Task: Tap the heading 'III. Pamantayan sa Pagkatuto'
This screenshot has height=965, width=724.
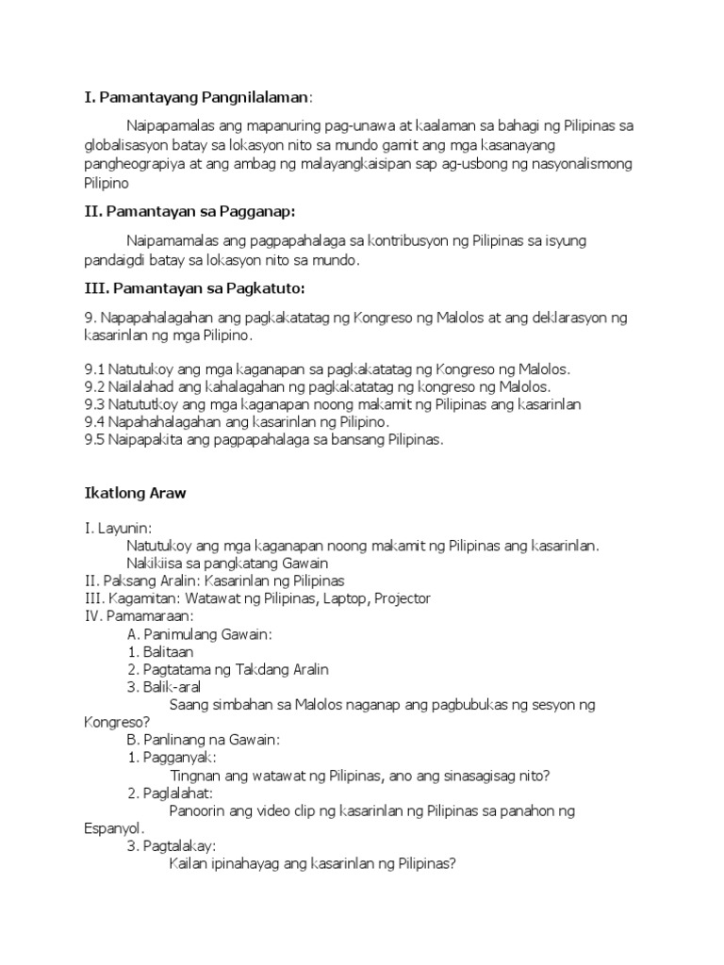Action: pos(194,287)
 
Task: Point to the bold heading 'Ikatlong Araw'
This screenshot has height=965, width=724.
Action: pos(135,494)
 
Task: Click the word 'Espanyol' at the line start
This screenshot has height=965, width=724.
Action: pos(112,828)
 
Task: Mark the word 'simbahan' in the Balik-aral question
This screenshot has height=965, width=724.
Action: pos(238,705)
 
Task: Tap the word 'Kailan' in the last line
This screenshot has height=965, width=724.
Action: pos(189,864)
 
